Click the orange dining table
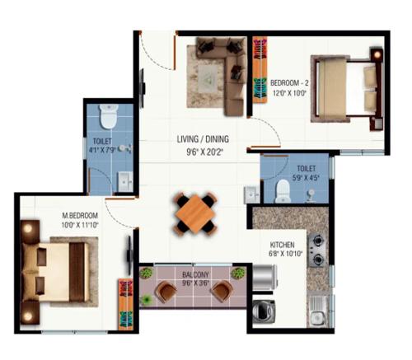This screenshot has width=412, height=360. tap(195, 213)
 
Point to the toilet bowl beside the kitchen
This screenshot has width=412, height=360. tap(282, 190)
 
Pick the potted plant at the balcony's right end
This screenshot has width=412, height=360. tap(238, 274)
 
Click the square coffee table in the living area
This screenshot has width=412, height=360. tap(208, 75)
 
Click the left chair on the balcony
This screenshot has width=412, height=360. tap(166, 292)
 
